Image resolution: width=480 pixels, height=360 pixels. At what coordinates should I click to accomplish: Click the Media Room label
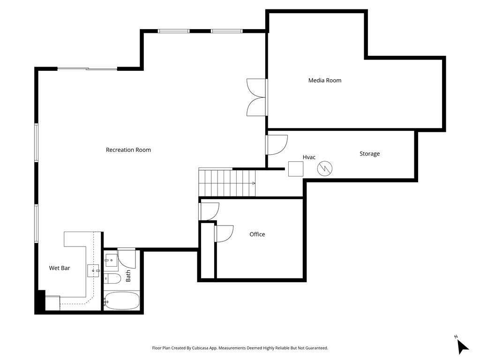324,81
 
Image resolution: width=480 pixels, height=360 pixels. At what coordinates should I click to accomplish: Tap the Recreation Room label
128,150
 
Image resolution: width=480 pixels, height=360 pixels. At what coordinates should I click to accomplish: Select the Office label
257,234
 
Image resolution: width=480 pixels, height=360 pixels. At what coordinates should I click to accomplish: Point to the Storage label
369,154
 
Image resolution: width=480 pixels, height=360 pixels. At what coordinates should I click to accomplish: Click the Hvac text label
309,157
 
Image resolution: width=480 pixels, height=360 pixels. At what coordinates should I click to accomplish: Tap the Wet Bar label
60,268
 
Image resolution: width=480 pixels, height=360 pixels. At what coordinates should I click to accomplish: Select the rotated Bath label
128,276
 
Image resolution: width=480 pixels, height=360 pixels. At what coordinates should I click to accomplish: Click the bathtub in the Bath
121,301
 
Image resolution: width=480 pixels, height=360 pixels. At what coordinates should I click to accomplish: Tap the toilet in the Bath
112,278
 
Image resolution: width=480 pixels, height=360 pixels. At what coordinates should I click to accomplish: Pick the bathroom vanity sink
111,261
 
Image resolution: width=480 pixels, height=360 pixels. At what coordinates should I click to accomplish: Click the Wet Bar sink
93,271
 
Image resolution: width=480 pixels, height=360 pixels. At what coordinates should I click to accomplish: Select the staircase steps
227,183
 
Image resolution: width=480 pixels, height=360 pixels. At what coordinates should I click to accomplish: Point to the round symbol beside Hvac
325,168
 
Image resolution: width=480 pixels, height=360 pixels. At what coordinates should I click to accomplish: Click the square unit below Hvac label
296,169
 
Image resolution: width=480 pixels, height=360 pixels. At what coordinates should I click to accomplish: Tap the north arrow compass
462,346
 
